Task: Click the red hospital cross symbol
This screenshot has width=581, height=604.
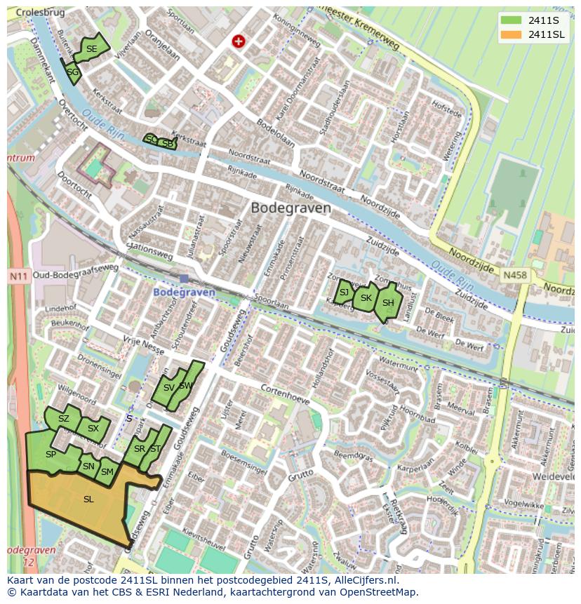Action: pyautogui.click(x=239, y=42)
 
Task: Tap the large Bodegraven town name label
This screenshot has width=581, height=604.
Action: pyautogui.click(x=290, y=208)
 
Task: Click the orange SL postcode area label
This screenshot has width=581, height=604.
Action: pyautogui.click(x=88, y=499)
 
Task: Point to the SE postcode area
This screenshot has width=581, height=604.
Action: pyautogui.click(x=92, y=48)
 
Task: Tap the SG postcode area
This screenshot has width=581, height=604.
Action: pyautogui.click(x=72, y=72)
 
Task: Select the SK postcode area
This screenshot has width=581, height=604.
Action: pyautogui.click(x=366, y=298)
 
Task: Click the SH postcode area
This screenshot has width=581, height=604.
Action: pyautogui.click(x=387, y=303)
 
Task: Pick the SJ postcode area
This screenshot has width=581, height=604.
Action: pyautogui.click(x=344, y=293)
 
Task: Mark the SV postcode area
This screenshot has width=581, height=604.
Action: pyautogui.click(x=168, y=388)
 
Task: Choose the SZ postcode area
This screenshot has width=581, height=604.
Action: pyautogui.click(x=64, y=419)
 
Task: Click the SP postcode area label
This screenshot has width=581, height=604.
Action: pyautogui.click(x=51, y=455)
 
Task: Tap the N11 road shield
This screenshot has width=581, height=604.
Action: pyautogui.click(x=18, y=276)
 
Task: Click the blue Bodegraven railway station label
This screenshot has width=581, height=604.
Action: pyautogui.click(x=184, y=292)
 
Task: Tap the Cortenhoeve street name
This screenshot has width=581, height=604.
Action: pyautogui.click(x=285, y=393)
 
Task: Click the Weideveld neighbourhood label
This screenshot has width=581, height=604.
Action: pyautogui.click(x=552, y=476)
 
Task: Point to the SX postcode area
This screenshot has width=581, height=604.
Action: pyautogui.click(x=93, y=429)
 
